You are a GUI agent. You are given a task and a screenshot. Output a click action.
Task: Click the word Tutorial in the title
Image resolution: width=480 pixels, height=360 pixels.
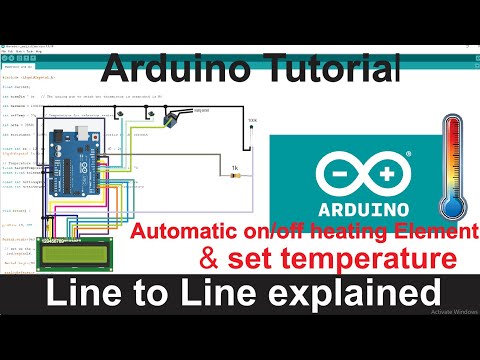333,69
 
